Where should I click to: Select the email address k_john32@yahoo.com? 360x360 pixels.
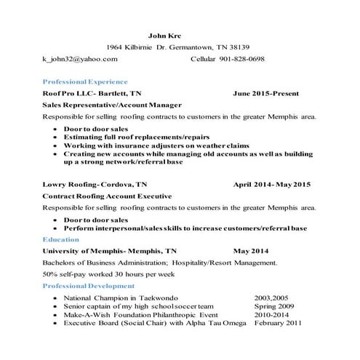[79, 58]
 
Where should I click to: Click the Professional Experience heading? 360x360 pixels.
[85, 81]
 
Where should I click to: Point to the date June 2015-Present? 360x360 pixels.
[267, 93]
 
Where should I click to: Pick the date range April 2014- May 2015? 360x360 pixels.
[271, 185]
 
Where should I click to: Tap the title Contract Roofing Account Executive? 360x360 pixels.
[107, 196]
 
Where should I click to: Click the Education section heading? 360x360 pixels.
[61, 239]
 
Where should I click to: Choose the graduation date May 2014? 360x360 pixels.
[251, 251]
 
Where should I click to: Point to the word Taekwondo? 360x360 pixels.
[156, 298]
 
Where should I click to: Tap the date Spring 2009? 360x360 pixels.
[274, 306]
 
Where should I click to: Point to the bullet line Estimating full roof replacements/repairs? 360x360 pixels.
[137, 136]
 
